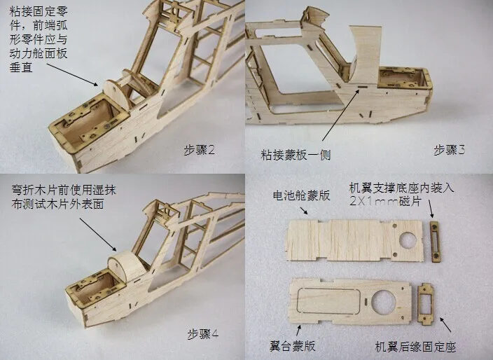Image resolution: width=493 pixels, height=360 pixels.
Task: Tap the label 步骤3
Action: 449,150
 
